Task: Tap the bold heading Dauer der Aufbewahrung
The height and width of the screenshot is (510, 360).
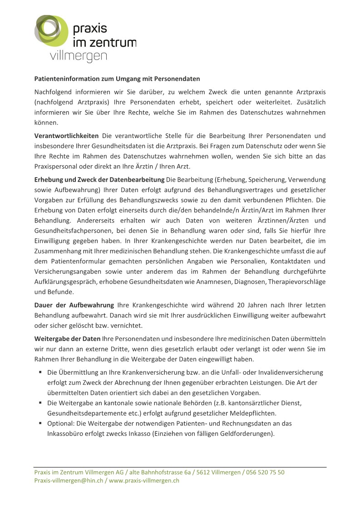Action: click(74, 304)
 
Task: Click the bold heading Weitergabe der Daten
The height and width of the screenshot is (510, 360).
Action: click(68, 338)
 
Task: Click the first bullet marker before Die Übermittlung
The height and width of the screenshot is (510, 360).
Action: click(40, 372)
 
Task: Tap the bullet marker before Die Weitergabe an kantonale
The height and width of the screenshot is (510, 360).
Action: click(40, 403)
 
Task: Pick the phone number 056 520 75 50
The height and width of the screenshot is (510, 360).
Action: click(266, 472)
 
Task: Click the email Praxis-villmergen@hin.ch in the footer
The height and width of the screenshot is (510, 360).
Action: click(69, 480)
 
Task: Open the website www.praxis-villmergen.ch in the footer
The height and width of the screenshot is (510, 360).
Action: click(144, 480)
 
